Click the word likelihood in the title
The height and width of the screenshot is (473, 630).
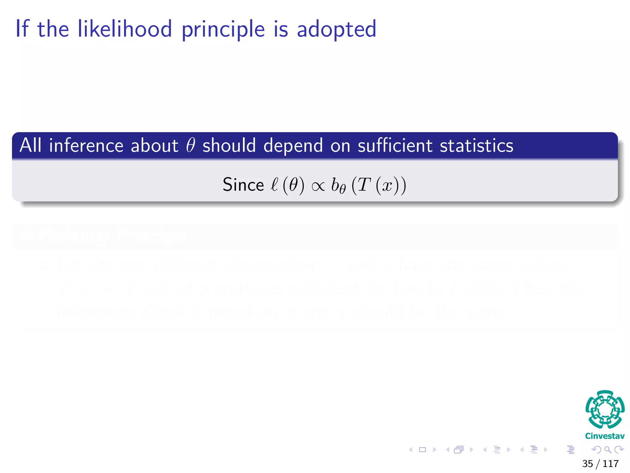(125, 29)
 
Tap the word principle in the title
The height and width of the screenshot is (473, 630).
(223, 30)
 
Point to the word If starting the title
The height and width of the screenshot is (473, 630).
(22, 29)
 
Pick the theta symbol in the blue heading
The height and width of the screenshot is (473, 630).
(190, 145)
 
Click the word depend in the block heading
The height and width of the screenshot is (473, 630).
(293, 146)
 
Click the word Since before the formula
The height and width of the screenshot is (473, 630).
(243, 185)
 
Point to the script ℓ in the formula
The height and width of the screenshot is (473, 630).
(274, 185)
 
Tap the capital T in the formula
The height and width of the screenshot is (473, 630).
(363, 185)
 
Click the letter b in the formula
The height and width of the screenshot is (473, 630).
(335, 185)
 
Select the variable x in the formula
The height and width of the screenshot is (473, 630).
(387, 186)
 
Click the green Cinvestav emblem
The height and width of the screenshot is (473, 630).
(605, 409)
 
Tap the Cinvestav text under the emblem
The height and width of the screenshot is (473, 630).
(605, 436)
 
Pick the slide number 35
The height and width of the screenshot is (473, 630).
(588, 464)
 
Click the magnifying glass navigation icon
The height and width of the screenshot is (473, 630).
(608, 450)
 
